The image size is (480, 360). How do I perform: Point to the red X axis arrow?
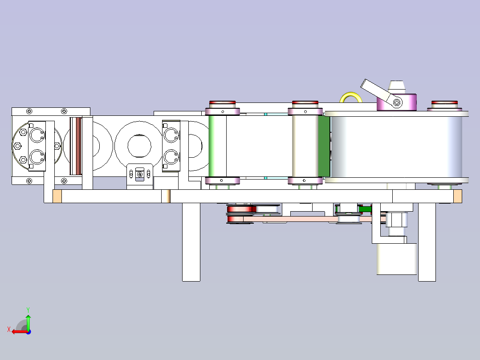[x=18, y=331]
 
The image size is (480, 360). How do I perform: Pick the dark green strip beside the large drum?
[x=324, y=146]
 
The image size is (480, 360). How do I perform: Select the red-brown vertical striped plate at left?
[x=76, y=146]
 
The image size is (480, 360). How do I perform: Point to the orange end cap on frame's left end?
[x=57, y=196]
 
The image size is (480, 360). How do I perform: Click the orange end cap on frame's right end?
[x=457, y=196]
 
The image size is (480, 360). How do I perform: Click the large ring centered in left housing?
[x=139, y=145]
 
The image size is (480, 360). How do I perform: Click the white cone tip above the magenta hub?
[x=396, y=86]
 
